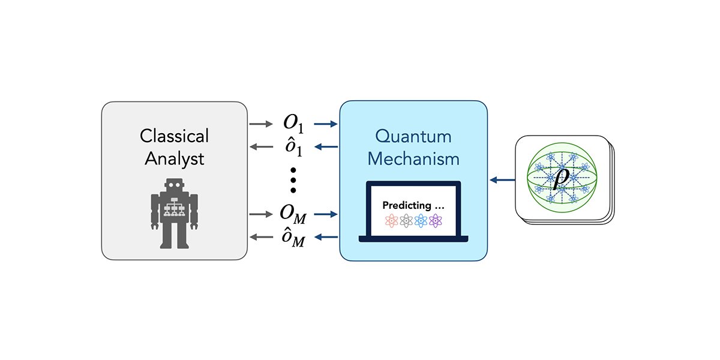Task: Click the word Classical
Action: (x=175, y=136)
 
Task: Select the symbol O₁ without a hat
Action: (x=293, y=125)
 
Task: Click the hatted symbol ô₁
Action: (x=293, y=147)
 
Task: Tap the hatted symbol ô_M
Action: (x=293, y=236)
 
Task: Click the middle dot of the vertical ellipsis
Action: (x=293, y=180)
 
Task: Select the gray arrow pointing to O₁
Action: (x=260, y=125)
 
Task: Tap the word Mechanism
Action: (x=413, y=159)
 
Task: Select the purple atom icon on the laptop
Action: (x=436, y=220)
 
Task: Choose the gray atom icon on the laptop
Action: (x=406, y=220)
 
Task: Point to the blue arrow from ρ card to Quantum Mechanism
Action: (x=502, y=179)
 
